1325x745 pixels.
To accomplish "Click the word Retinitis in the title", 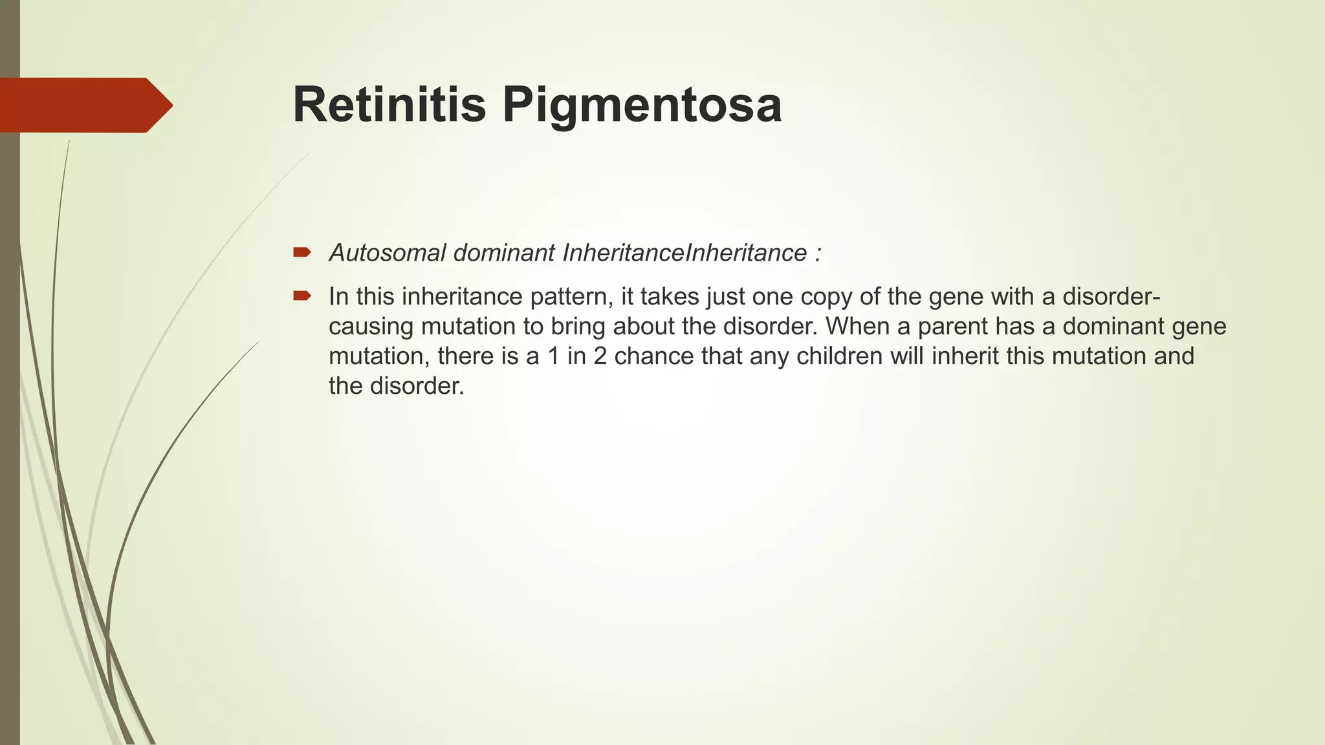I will (389, 105).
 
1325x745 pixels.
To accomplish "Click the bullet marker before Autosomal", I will (301, 252).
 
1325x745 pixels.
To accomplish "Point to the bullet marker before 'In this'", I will (301, 296).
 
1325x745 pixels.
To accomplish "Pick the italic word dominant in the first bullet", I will (504, 253).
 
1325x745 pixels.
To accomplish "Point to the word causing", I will (371, 327).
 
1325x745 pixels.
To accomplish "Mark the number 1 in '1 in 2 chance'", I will (553, 356).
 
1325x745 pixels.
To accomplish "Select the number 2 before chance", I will (600, 356).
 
